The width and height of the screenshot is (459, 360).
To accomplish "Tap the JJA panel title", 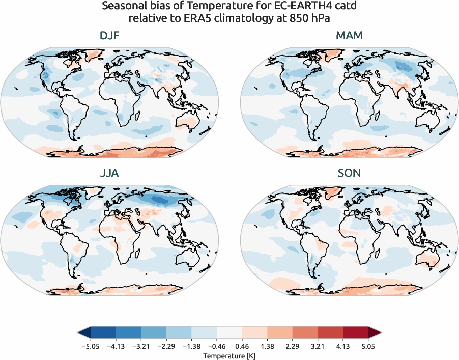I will pos(109,173).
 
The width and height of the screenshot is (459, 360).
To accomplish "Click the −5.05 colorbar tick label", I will pos(90,346).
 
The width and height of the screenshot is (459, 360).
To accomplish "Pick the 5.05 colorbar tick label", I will pos(368,346).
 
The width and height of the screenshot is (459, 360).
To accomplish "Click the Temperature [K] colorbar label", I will pos(229,355).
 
